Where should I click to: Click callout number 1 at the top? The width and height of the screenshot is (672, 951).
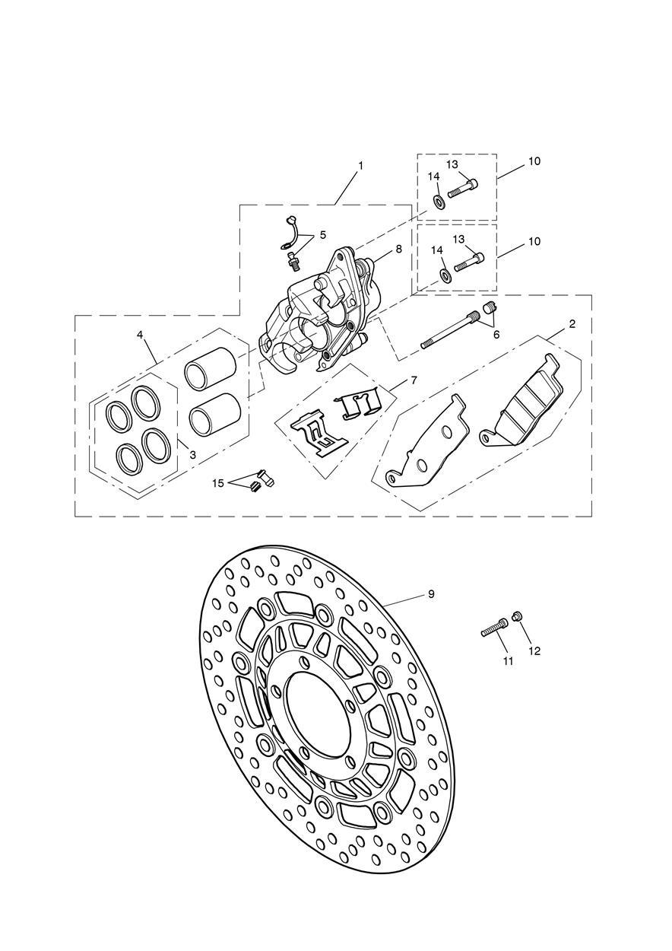[x=360, y=166]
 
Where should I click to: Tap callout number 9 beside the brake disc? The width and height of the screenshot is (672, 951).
[x=431, y=594]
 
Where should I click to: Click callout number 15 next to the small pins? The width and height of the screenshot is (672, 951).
[x=217, y=484]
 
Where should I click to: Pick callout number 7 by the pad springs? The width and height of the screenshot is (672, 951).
[x=414, y=380]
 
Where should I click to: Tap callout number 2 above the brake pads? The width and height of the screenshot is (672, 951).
[x=572, y=324]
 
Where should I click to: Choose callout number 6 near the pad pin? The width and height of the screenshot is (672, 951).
[x=496, y=335]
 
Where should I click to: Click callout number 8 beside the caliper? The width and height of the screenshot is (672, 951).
[x=398, y=249]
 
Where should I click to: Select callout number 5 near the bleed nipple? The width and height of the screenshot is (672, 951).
[x=323, y=235]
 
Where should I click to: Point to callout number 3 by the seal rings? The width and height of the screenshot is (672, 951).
[x=192, y=455]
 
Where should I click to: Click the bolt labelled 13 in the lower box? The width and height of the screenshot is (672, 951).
[x=469, y=262]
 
